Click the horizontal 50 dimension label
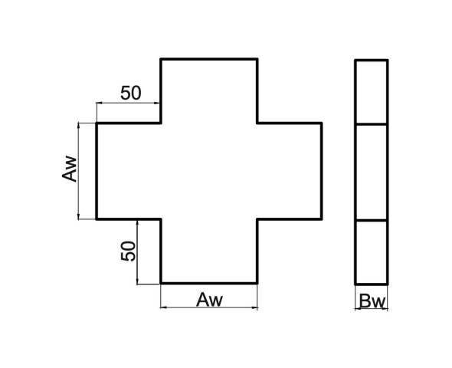coord(131,93)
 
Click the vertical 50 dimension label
coord(128,251)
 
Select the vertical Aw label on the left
coord(70,169)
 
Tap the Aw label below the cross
coord(210,300)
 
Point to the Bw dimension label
coord(372,301)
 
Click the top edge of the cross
coord(209,59)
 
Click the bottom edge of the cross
coord(209,283)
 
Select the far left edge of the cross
coord(97,171)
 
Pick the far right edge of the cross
coord(322,171)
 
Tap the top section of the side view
coord(372,92)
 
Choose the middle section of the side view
coord(372,172)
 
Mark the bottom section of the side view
coord(372,252)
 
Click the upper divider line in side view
coord(372,124)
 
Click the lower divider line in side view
coord(372,221)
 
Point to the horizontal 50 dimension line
coord(128,103)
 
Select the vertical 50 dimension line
coord(137,252)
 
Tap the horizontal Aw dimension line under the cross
coord(209,307)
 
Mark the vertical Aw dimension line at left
coord(78,171)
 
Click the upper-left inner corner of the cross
coord(161,123)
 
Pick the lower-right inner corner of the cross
coord(257,219)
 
